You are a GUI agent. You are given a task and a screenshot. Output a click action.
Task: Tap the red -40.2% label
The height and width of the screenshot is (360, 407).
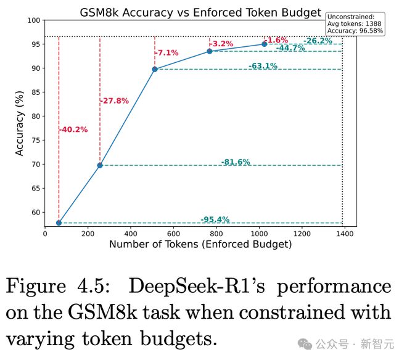click(x=73, y=129)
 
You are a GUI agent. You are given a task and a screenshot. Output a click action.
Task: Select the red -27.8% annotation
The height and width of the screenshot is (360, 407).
click(x=115, y=100)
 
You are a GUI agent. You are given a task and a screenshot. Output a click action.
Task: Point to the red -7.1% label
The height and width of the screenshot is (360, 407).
click(x=166, y=53)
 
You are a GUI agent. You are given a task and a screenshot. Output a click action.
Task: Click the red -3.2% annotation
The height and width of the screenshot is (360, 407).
click(x=222, y=44)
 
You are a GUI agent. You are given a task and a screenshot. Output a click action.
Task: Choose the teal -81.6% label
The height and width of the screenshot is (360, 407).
click(x=236, y=162)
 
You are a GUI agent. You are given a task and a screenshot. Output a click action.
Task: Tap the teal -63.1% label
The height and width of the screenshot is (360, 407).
click(x=263, y=66)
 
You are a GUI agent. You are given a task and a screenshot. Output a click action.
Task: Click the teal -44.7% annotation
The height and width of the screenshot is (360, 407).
click(x=290, y=48)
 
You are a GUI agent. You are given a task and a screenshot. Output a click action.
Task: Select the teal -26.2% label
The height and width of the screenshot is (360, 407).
click(x=318, y=41)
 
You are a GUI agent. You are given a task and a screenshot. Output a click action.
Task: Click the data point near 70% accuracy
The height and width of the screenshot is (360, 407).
click(x=100, y=165)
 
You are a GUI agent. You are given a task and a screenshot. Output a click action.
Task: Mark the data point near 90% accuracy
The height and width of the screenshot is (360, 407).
click(x=154, y=69)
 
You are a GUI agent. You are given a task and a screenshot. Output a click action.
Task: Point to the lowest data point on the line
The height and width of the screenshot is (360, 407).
click(x=59, y=223)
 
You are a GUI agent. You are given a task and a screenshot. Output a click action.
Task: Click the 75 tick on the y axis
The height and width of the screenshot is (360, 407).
click(x=36, y=141)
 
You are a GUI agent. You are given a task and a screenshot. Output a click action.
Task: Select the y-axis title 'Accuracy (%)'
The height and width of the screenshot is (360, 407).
click(x=20, y=124)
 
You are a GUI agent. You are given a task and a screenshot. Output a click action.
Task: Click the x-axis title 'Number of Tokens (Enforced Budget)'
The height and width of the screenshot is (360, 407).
click(x=201, y=244)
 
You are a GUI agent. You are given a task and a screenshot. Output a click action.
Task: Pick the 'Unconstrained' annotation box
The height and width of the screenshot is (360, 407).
click(x=355, y=23)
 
